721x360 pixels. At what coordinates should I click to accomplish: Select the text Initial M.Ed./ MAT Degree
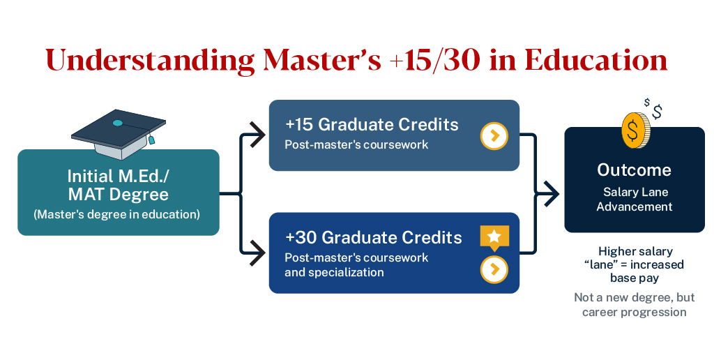coord(118,184)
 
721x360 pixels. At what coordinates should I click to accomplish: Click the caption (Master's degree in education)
coord(117,214)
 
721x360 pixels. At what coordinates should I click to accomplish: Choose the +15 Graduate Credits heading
coord(372,124)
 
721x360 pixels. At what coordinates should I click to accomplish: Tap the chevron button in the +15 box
coord(494,135)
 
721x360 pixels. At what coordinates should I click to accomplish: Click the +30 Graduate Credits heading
coord(373,237)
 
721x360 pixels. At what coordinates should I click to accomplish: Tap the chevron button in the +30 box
coord(494,269)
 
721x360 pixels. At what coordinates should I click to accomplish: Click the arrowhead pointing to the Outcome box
coord(551,193)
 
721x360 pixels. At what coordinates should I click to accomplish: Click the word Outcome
coord(634,170)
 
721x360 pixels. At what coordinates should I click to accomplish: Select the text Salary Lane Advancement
coord(634,199)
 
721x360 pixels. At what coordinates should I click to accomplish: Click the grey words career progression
coord(634,311)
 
